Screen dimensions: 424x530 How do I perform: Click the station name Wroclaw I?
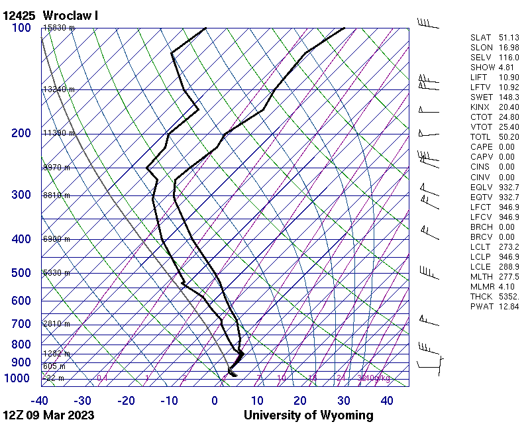(70, 15)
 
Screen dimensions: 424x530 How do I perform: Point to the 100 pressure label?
(21, 28)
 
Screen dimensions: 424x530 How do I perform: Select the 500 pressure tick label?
(21, 273)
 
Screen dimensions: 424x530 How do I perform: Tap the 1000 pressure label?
(18, 378)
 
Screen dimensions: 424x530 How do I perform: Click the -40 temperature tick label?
(40, 401)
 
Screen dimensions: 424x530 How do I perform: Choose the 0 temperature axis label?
(215, 401)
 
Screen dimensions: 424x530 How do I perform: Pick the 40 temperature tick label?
(386, 401)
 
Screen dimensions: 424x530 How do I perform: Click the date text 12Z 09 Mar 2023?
(48, 415)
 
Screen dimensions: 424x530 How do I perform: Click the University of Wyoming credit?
(308, 415)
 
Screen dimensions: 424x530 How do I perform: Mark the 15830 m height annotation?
(58, 28)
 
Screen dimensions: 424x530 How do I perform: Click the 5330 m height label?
(56, 273)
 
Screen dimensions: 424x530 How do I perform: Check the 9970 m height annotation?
(56, 168)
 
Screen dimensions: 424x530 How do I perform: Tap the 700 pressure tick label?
(21, 324)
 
